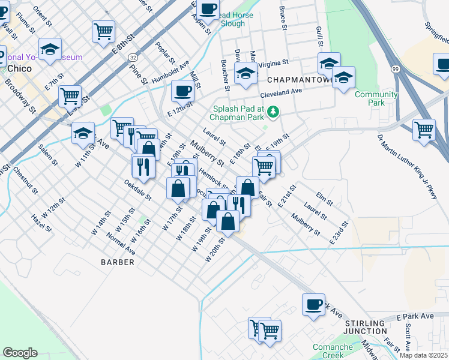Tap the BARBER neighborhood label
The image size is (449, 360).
(118, 262)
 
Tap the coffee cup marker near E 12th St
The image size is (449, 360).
(182, 91)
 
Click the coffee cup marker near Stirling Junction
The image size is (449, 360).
(313, 305)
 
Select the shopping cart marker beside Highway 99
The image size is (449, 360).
(424, 128)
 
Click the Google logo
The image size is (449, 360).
(20, 353)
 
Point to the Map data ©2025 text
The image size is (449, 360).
(424, 355)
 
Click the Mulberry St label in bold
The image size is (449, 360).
(207, 154)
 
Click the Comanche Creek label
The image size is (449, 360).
(333, 351)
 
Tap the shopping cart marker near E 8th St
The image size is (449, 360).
(103, 30)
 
